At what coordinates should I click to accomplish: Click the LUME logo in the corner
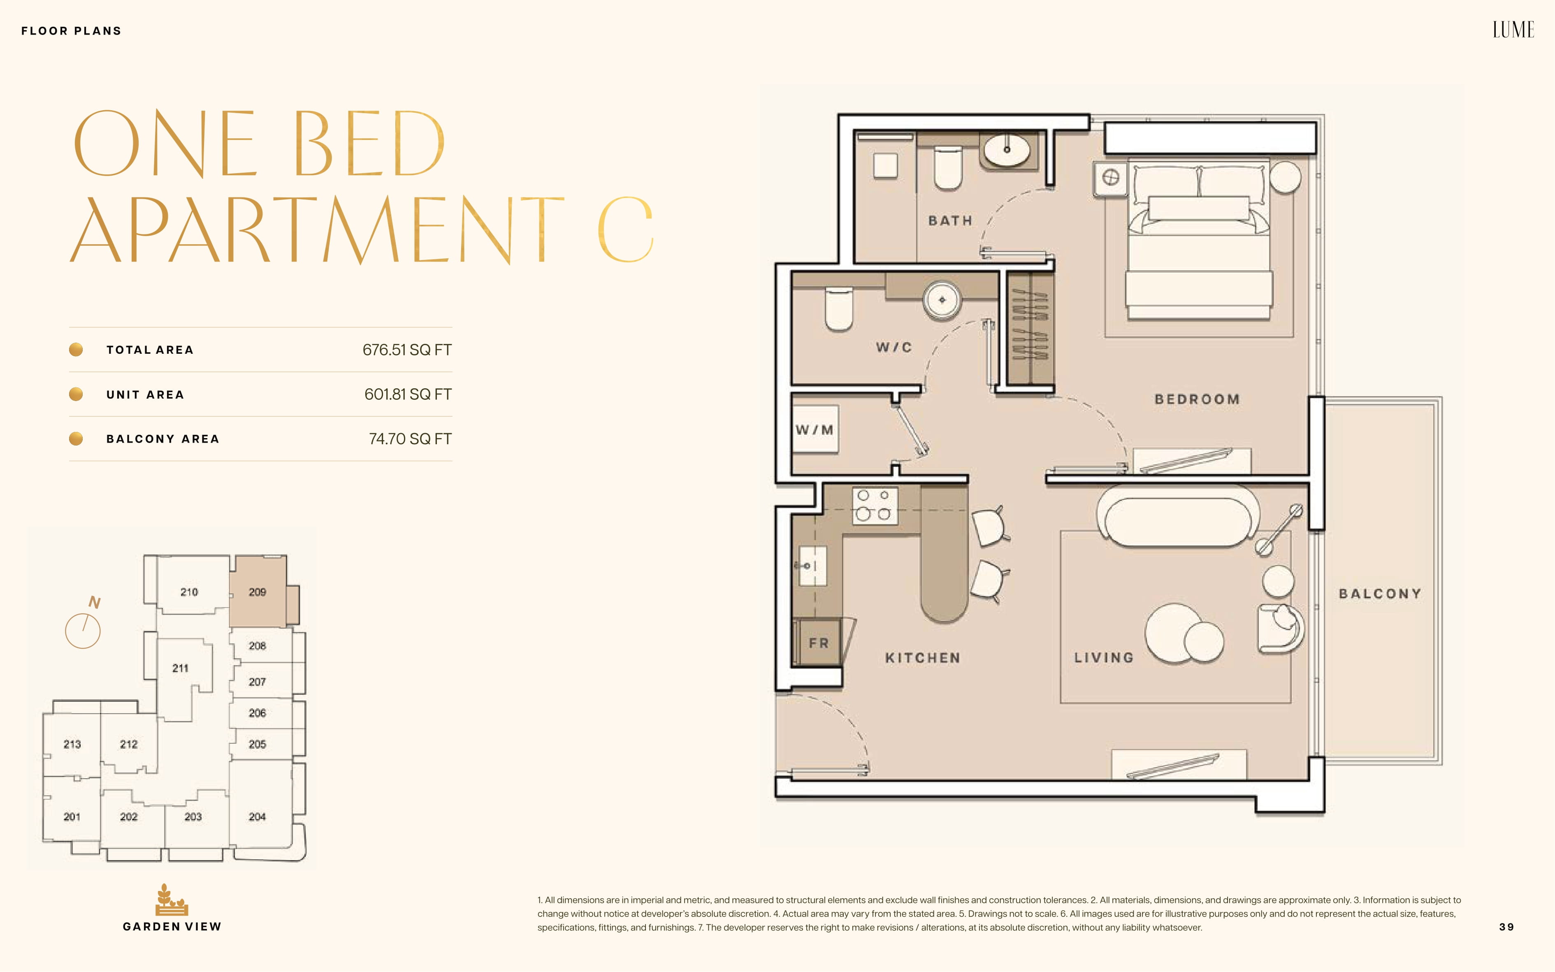coord(1513,30)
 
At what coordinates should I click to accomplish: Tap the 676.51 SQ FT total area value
coord(407,350)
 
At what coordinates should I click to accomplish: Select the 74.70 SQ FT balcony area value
coord(410,439)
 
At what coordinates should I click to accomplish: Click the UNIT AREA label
coord(145,395)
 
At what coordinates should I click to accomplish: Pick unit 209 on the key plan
coord(257,592)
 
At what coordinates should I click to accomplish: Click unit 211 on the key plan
coord(181,668)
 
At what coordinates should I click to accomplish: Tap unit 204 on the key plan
coord(257,817)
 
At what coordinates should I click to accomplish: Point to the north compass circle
coord(83,631)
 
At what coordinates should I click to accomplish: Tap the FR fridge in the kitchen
coord(818,642)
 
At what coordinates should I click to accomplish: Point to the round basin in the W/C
coord(942,299)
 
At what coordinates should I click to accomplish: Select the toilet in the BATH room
coord(947,168)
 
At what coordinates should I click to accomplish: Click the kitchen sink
coord(812,566)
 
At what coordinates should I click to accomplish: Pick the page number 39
coord(1506,927)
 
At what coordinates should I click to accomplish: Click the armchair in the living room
coord(1281,629)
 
